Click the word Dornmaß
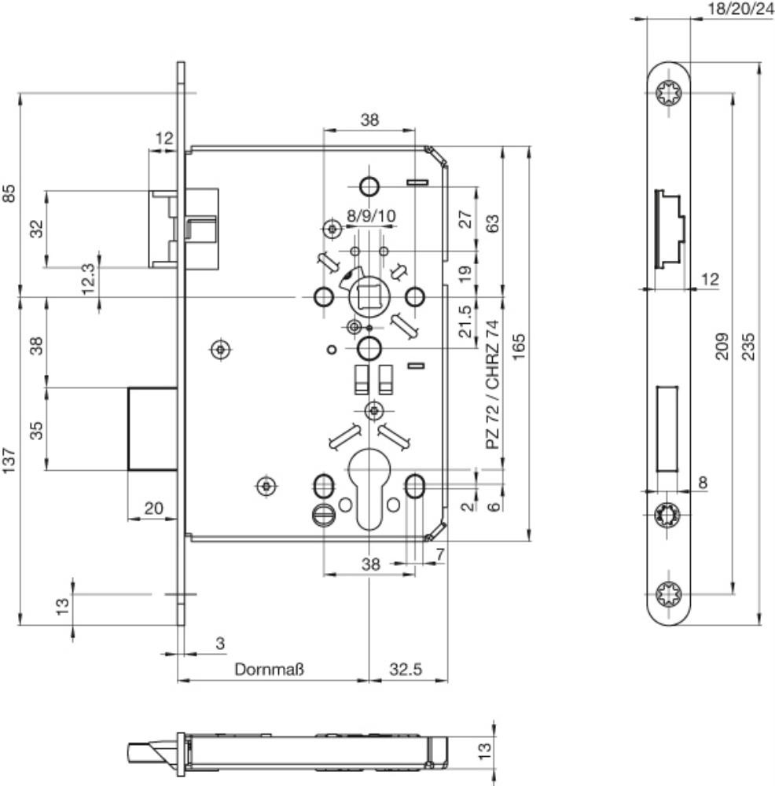pyautogui.click(x=269, y=669)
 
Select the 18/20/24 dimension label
pyautogui.click(x=740, y=9)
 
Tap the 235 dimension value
pyautogui.click(x=748, y=346)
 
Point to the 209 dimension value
pyautogui.click(x=722, y=346)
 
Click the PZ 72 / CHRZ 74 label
pyautogui.click(x=494, y=384)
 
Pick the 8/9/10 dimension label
pyautogui.click(x=372, y=216)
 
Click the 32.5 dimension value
pyautogui.click(x=406, y=669)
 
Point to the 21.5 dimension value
pyautogui.click(x=465, y=321)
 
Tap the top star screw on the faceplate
pyautogui.click(x=669, y=94)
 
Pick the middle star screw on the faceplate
pyautogui.click(x=667, y=515)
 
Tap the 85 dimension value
pyautogui.click(x=9, y=193)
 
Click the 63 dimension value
pyautogui.click(x=494, y=223)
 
